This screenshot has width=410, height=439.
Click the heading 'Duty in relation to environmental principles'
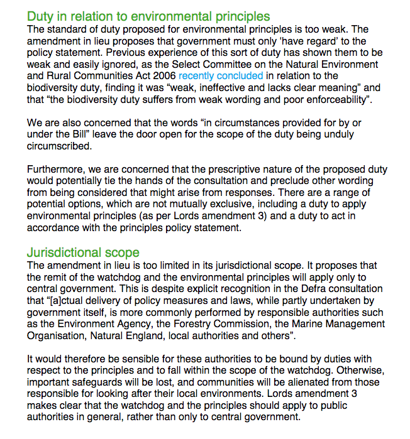[x=148, y=16]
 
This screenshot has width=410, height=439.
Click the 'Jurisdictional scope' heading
[x=83, y=252]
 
